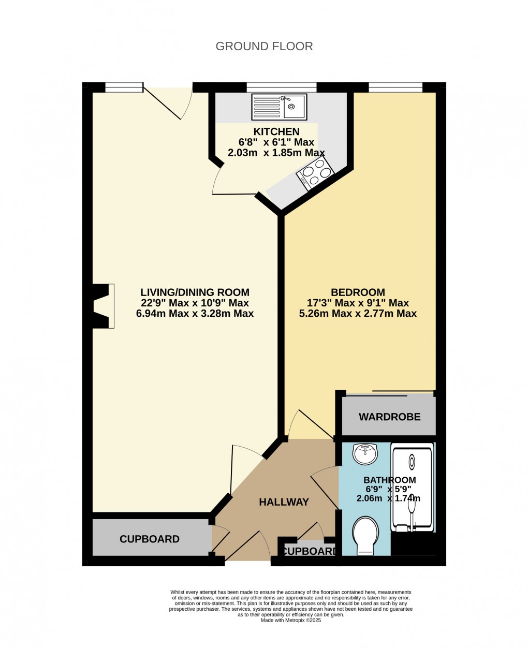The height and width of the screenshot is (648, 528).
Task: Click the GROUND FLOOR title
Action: coord(264,47)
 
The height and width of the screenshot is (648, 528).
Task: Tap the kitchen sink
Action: coord(279,107)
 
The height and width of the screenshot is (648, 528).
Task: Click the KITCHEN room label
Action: coord(276,131)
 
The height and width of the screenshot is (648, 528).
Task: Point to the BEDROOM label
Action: coord(358,292)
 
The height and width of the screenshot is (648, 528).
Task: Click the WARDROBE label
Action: coord(389,417)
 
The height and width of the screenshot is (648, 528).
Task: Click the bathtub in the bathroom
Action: coord(412,487)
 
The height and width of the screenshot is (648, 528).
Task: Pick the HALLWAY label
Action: coord(284,502)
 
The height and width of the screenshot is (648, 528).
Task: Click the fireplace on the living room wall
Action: coord(102,306)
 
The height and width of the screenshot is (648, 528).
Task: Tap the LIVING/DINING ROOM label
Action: coord(195,292)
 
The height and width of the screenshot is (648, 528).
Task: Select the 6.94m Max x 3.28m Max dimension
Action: coord(195,314)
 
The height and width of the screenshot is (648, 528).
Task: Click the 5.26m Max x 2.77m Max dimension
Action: coord(358,314)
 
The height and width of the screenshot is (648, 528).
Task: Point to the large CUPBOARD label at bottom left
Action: coord(149,539)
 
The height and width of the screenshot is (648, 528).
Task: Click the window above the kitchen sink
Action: coord(268,86)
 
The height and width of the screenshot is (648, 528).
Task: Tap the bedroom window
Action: coord(395,86)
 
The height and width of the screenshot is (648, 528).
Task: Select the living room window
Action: coord(124,86)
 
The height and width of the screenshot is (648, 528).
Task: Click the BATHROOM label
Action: coord(389,480)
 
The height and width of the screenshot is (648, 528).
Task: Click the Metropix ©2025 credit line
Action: coord(291,620)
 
